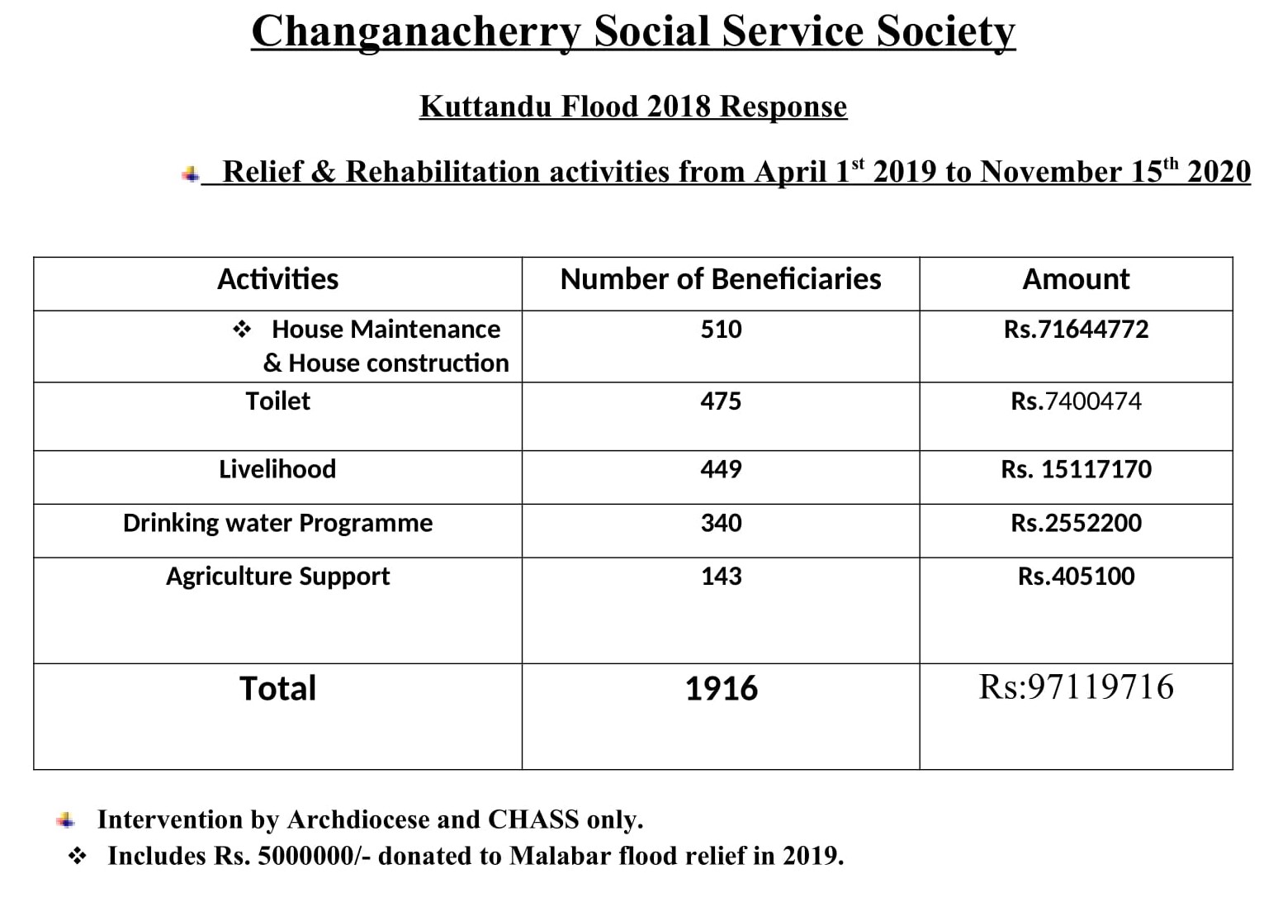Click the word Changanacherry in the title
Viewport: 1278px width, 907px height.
416,32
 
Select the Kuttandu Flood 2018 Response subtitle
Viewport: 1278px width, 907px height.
633,107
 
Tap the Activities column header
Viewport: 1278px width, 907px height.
278,279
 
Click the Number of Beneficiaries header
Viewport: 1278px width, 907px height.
721,279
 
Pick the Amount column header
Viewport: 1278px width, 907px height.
1076,279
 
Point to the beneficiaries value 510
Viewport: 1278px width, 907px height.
722,330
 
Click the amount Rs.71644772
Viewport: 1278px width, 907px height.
1076,330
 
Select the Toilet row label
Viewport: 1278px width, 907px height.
278,401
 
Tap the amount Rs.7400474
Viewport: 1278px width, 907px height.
1076,401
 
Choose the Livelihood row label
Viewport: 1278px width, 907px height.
278,469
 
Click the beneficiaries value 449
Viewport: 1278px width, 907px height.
722,469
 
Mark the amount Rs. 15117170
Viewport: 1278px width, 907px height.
1076,469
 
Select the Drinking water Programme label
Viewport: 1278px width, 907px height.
278,524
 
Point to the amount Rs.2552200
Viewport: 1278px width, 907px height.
1076,523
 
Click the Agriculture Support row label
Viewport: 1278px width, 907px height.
278,577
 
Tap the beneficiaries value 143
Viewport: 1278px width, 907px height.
722,576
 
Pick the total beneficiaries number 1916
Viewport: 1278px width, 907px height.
722,688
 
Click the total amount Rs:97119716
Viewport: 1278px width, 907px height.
1076,686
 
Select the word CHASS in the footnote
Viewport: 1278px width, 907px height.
532,819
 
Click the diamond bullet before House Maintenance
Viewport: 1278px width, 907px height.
242,330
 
